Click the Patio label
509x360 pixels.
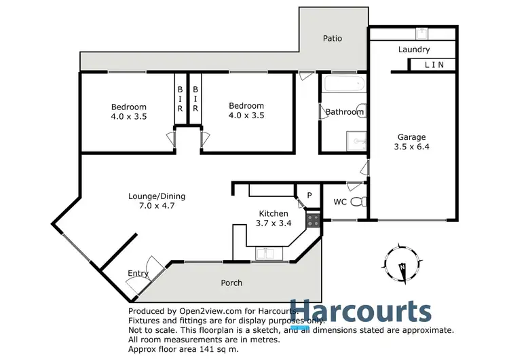(332, 38)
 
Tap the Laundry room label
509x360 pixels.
(414, 50)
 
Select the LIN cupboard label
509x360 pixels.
(435, 65)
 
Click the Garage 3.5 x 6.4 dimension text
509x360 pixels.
(412, 145)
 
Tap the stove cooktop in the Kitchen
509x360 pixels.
(314, 219)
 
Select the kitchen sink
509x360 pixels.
(267, 254)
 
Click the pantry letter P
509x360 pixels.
(309, 196)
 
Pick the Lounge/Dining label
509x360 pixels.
(157, 196)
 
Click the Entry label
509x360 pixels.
(138, 274)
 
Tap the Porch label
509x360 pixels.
(232, 283)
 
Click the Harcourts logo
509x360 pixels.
(360, 312)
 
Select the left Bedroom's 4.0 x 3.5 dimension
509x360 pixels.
(129, 116)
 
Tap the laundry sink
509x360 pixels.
(422, 31)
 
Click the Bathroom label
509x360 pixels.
(344, 112)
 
